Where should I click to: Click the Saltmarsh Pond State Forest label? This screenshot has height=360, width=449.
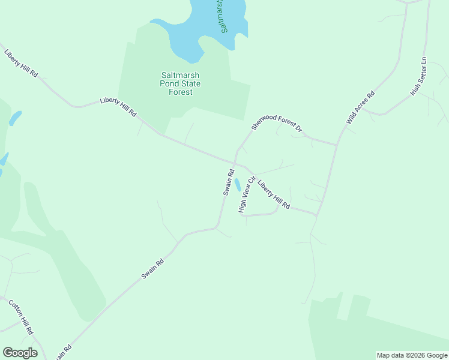[x=180, y=83]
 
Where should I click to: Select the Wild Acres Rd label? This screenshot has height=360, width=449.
[x=360, y=107]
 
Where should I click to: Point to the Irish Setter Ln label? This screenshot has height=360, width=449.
[x=418, y=77]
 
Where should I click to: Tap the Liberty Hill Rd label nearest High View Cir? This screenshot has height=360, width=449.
[x=274, y=195]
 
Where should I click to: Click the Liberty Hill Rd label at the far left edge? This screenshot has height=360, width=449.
[x=20, y=62]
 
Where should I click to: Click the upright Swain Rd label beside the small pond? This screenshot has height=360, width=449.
[x=228, y=181]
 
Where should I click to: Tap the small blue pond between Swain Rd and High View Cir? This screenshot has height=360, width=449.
[x=238, y=184]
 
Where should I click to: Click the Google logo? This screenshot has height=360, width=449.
[x=20, y=353]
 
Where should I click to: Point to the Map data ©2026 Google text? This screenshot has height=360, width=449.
[x=412, y=355]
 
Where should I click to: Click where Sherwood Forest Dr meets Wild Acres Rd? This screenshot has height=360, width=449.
[x=337, y=145]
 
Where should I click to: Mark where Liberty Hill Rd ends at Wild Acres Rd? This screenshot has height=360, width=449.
[x=316, y=214]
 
